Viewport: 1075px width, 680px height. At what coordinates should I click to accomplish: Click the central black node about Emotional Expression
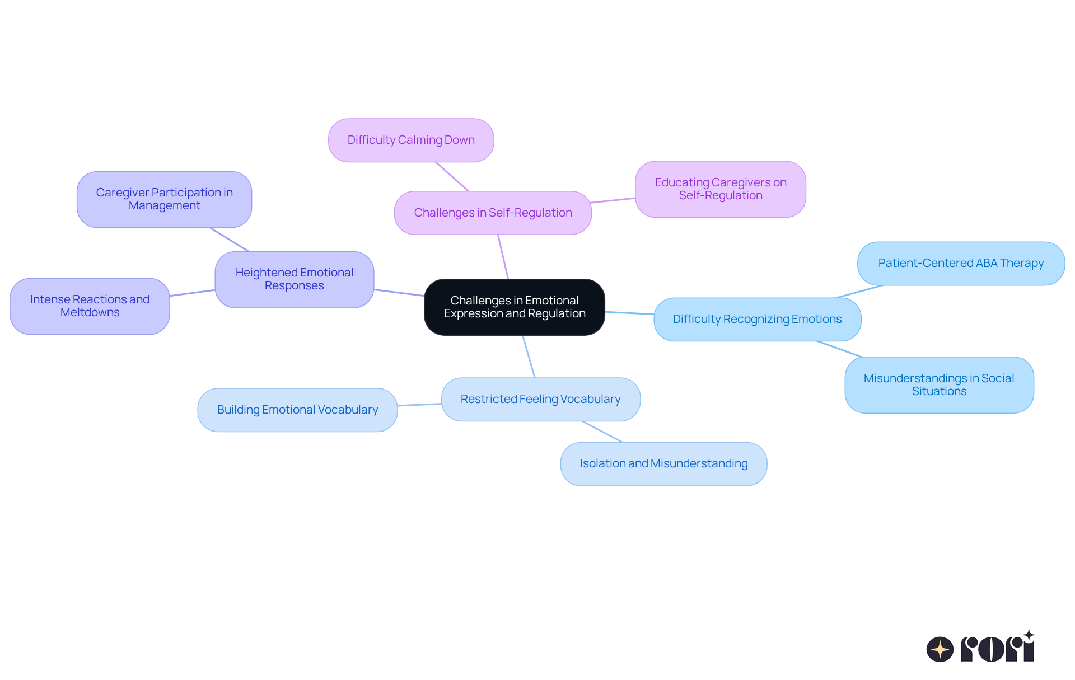pyautogui.click(x=514, y=307)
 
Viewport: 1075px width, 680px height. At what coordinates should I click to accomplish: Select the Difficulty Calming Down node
pyautogui.click(x=411, y=140)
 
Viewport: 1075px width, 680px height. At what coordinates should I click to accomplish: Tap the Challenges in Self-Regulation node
pyautogui.click(x=493, y=213)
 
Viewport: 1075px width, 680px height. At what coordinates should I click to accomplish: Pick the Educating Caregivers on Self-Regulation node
pyautogui.click(x=720, y=189)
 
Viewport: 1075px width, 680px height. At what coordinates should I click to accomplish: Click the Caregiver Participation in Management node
pyautogui.click(x=164, y=199)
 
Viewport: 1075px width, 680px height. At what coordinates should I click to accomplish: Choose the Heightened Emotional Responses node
pyautogui.click(x=294, y=279)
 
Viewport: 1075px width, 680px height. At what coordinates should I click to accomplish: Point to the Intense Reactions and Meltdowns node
pyautogui.click(x=90, y=306)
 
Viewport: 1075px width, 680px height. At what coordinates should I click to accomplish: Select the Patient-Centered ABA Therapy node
pyautogui.click(x=960, y=263)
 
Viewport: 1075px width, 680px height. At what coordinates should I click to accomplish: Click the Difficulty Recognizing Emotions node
pyautogui.click(x=757, y=319)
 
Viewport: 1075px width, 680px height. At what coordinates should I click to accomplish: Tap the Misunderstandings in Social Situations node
pyautogui.click(x=938, y=385)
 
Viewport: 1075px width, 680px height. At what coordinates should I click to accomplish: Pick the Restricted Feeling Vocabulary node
pyautogui.click(x=540, y=399)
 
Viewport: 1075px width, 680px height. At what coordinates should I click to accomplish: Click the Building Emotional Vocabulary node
pyautogui.click(x=297, y=410)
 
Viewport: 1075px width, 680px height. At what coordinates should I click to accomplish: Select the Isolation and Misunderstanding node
pyautogui.click(x=663, y=463)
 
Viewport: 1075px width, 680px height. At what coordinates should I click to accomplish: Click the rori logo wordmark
pyautogui.click(x=997, y=649)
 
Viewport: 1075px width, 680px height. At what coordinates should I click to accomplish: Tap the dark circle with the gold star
pyautogui.click(x=940, y=649)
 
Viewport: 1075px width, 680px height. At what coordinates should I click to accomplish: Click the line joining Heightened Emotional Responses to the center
pyautogui.click(x=399, y=292)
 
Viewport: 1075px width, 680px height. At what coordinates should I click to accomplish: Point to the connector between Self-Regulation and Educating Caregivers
pyautogui.click(x=613, y=200)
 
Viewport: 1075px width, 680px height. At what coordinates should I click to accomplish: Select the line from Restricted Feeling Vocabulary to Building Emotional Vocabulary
pyautogui.click(x=419, y=405)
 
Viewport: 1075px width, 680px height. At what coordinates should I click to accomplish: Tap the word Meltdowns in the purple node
pyautogui.click(x=90, y=313)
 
